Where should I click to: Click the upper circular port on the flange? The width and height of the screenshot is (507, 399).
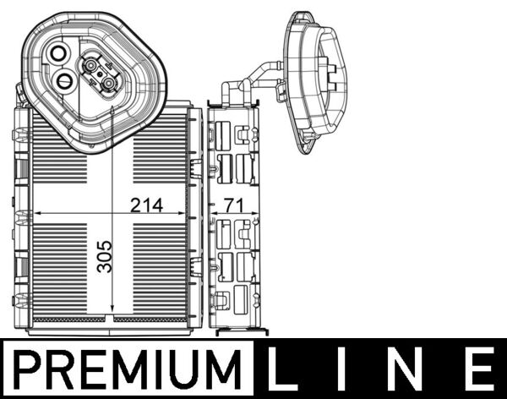pos(58,53)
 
